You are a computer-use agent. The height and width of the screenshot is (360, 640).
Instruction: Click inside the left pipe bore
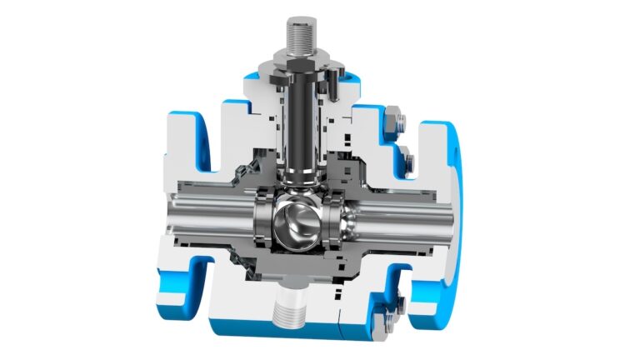pos(200,223)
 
